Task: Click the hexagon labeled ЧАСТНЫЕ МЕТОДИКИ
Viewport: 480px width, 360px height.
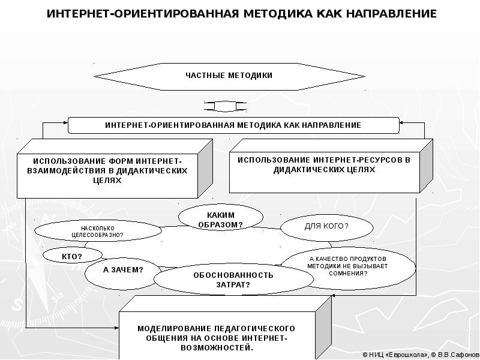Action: coord(229,76)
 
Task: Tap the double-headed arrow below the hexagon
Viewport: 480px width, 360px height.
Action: coord(225,106)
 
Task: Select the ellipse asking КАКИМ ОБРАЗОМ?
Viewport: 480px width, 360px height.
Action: coord(220,219)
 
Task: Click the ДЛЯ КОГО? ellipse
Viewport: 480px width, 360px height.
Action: coord(326,226)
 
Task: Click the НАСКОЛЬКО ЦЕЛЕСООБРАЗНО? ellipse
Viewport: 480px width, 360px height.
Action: coord(97,232)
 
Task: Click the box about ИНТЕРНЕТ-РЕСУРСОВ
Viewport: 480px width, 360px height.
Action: coord(324,165)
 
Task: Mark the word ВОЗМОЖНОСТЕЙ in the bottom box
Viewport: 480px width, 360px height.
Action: coord(220,347)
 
